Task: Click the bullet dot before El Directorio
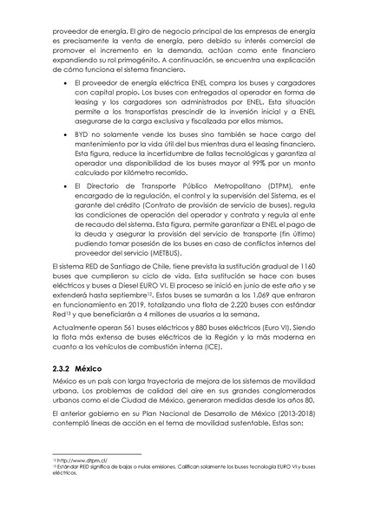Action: click(x=56, y=184)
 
